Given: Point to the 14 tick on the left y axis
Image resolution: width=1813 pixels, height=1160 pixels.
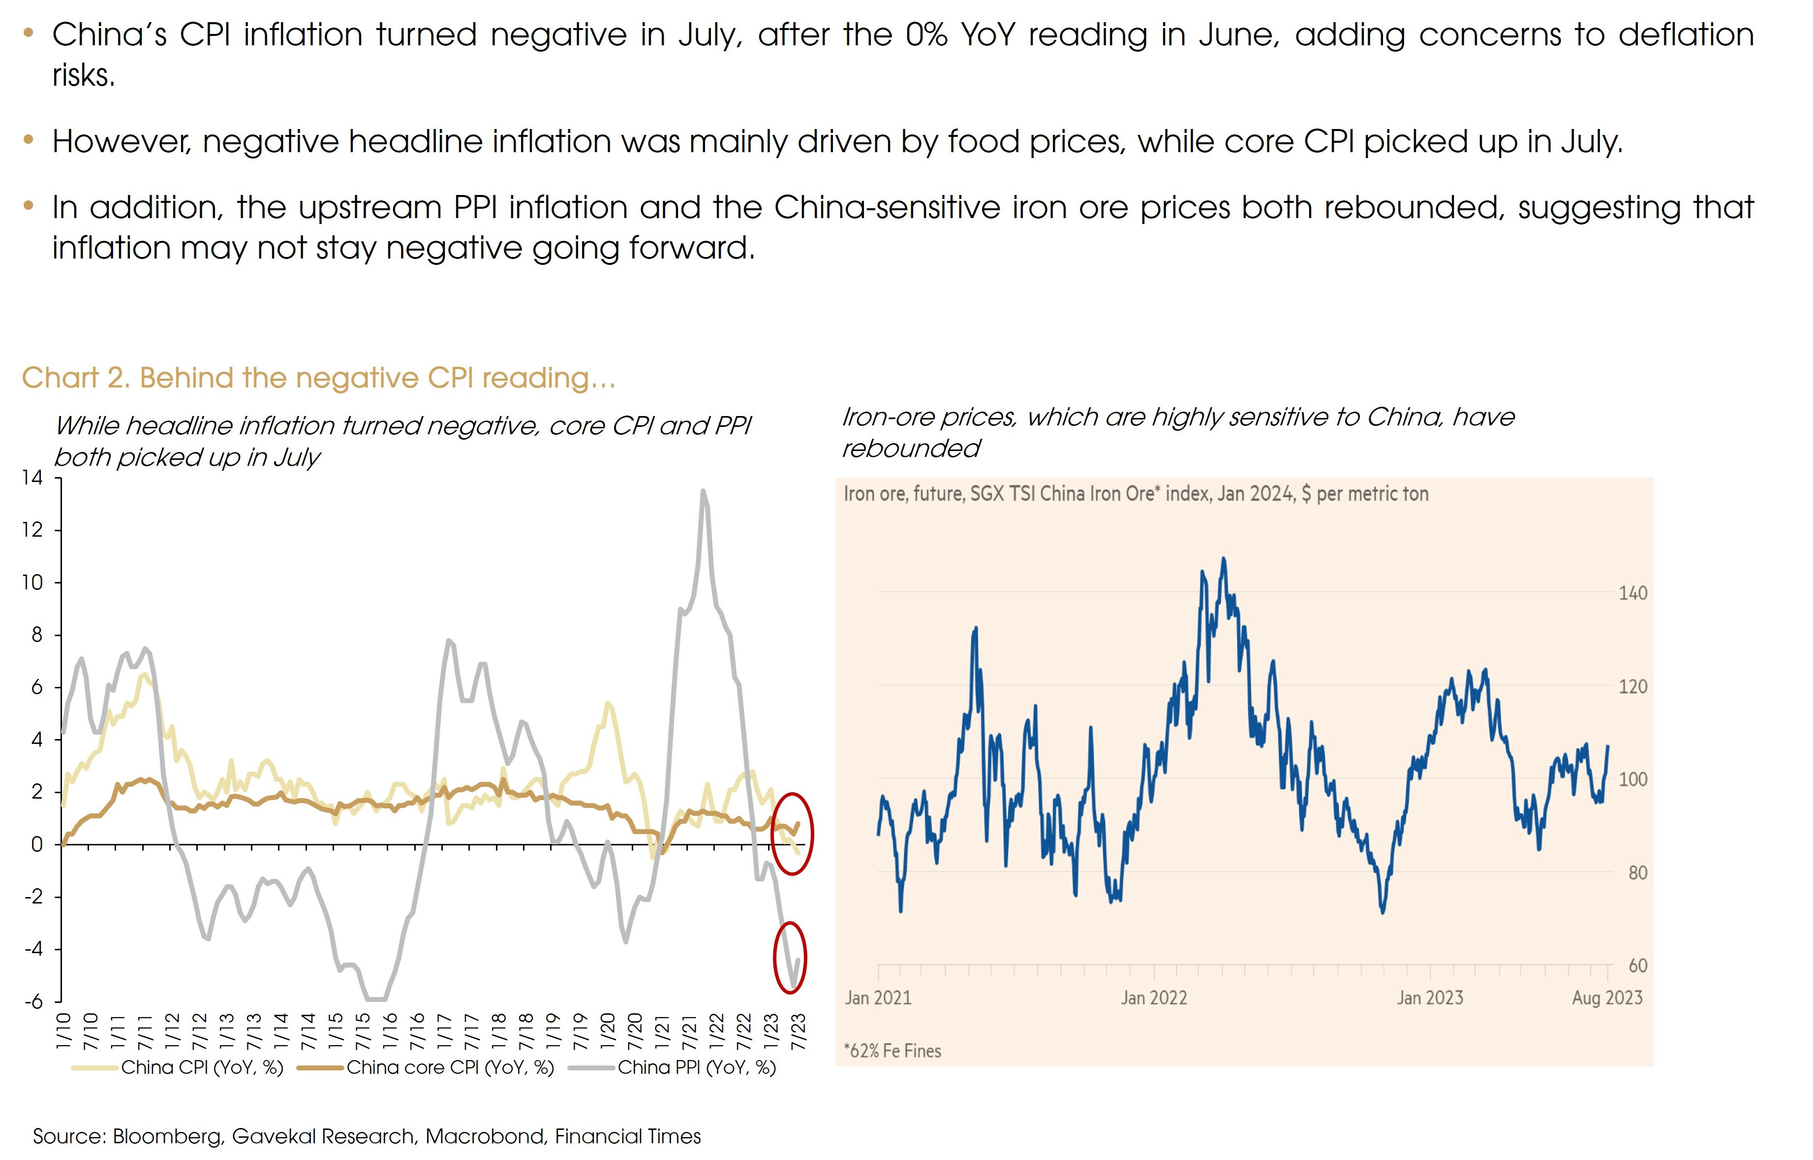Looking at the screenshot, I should [x=32, y=478].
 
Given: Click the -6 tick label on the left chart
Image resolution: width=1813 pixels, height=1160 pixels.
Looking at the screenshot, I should [x=32, y=1002].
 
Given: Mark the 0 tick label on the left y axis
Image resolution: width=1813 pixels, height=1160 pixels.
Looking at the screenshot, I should [x=36, y=844].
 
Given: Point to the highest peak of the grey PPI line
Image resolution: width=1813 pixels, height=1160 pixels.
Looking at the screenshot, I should [x=703, y=491].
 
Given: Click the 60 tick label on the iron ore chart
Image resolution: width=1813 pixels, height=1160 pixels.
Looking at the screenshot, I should [x=1637, y=966].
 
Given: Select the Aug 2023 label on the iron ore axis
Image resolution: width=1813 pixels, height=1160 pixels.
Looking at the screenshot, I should [x=1607, y=998].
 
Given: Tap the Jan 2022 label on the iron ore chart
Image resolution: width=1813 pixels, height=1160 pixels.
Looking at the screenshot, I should [x=1153, y=998].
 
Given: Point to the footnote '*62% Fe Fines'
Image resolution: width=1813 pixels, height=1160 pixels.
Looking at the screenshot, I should [x=892, y=1051].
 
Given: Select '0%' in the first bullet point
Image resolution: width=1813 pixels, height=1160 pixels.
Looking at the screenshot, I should [x=926, y=34].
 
